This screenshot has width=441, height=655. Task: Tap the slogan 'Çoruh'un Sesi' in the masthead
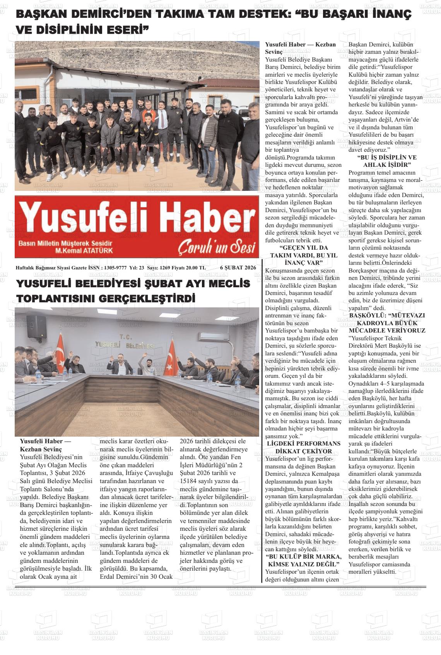217,248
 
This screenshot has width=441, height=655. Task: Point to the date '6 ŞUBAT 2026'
238,267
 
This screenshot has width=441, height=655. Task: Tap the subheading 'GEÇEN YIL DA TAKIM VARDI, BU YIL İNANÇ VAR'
303,255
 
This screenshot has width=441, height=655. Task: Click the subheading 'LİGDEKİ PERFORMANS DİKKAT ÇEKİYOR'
303,447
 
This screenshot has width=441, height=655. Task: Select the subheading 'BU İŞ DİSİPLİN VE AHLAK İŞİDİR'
386,161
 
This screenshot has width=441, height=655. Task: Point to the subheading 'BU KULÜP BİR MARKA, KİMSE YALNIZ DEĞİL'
303,561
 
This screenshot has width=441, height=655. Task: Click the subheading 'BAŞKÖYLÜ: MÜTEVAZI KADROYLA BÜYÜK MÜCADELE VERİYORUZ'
386,323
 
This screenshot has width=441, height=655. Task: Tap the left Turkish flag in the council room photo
61,353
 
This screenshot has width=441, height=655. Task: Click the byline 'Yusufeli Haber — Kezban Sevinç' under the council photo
46,445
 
